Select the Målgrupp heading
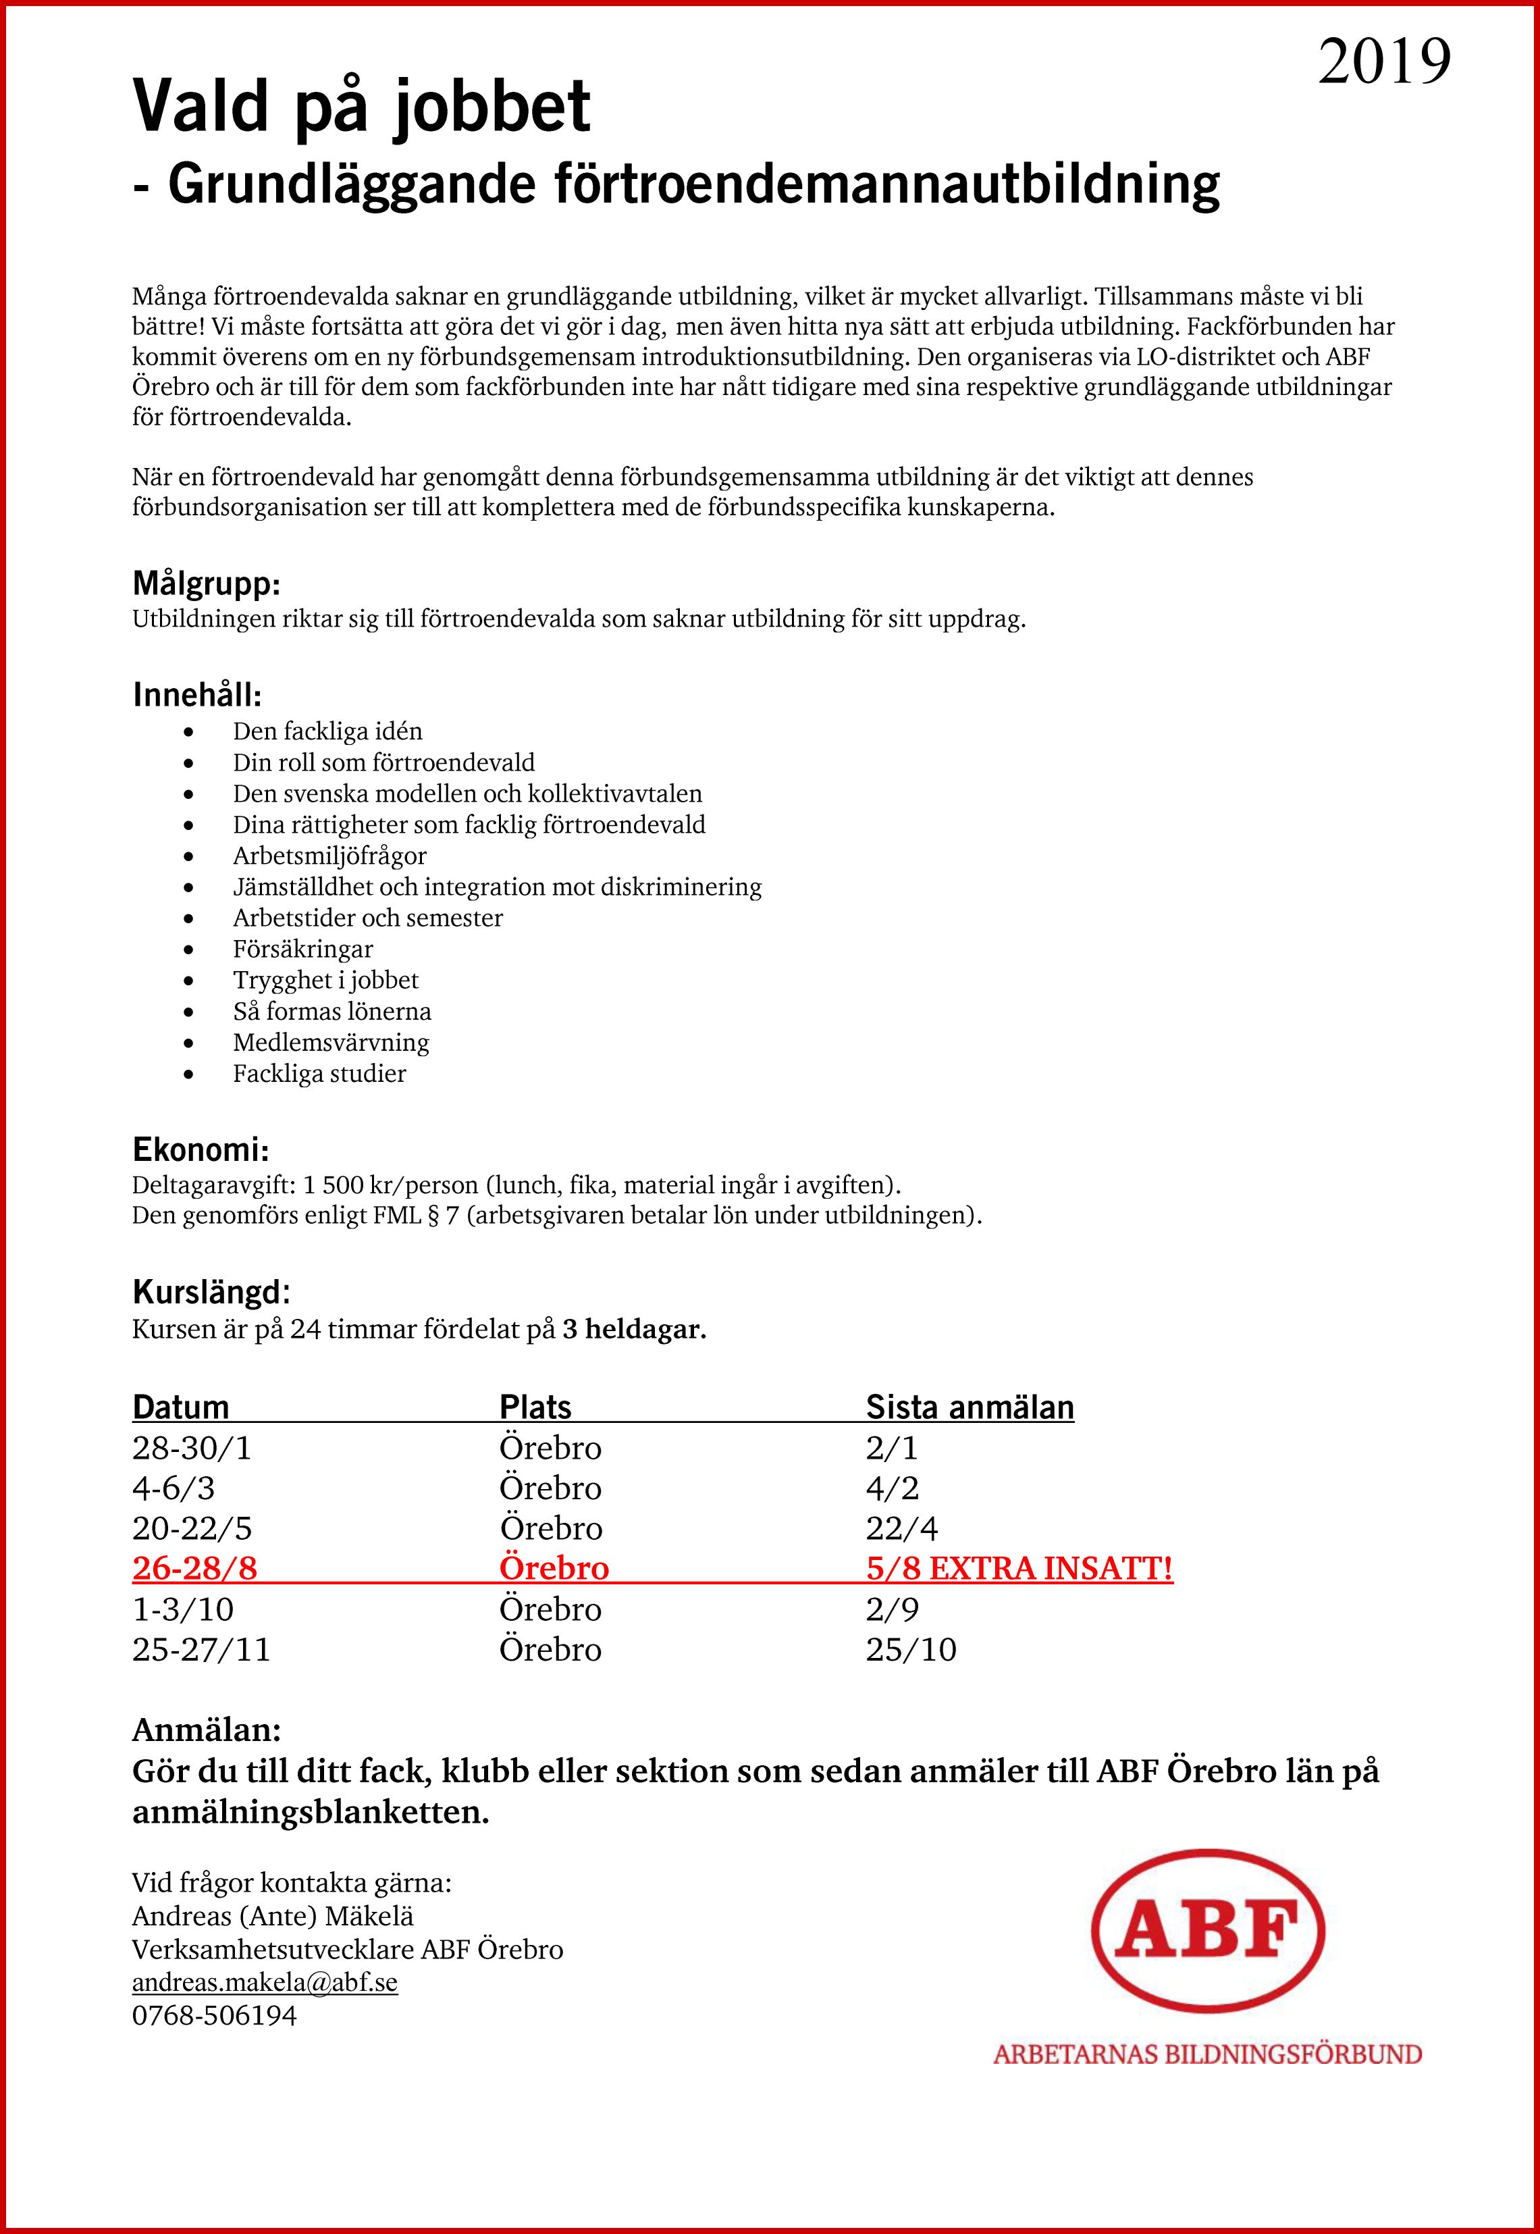207,584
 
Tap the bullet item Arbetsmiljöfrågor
329,856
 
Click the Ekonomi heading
201,1149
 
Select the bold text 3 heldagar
634,1329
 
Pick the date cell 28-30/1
191,1449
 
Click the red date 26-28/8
195,1568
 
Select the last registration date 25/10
910,1649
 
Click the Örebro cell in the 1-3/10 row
550,1609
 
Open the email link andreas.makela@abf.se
265,1981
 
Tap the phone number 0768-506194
214,2015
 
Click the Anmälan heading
207,1730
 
